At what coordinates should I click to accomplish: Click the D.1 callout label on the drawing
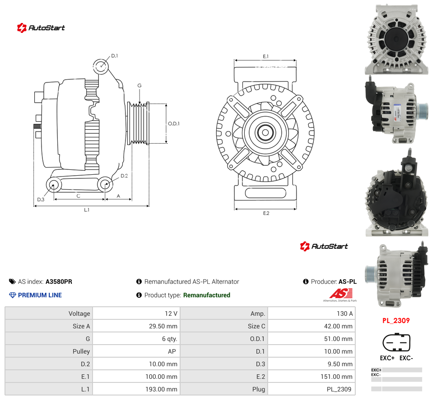(x=114, y=56)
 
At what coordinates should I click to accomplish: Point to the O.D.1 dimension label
(x=174, y=124)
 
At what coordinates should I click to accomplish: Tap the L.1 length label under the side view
(x=87, y=210)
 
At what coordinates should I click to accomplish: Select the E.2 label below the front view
(x=266, y=214)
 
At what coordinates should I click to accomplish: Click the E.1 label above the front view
(x=265, y=56)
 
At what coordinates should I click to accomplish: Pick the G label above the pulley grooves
(x=139, y=86)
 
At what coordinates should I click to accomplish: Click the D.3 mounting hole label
(x=41, y=200)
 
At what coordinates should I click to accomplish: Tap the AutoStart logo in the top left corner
(x=41, y=27)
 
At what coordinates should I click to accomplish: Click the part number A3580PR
(x=59, y=282)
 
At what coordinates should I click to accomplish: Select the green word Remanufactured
(x=207, y=295)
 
